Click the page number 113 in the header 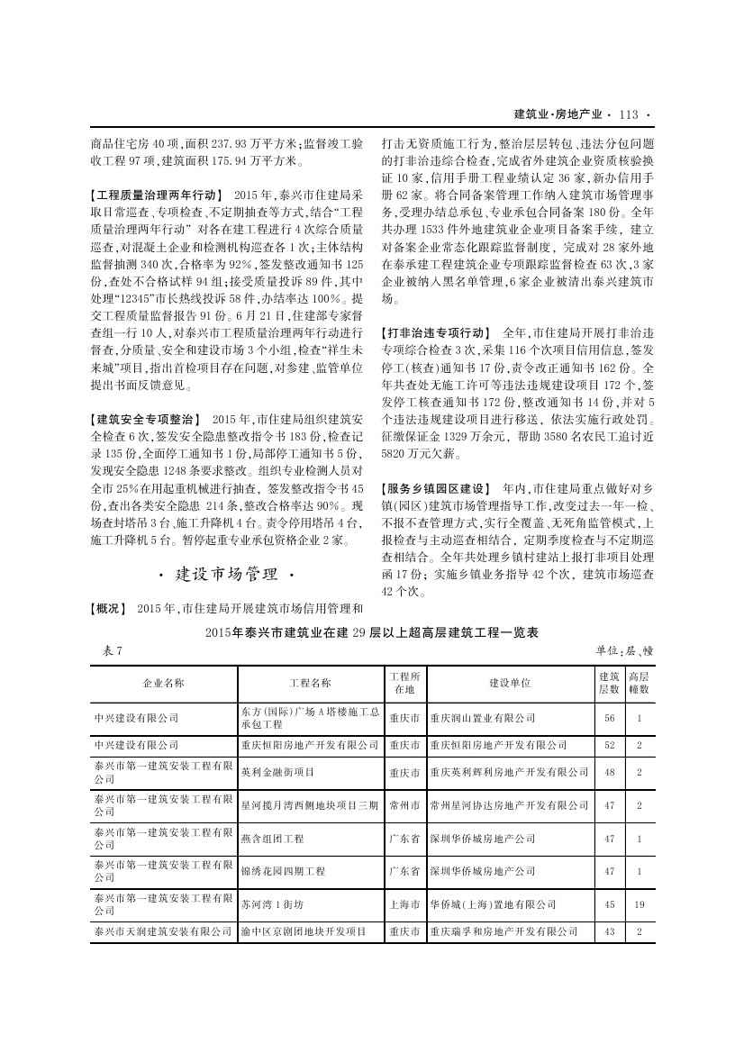(629, 114)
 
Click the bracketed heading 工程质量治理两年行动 (157, 195)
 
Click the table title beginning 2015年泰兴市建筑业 (372, 633)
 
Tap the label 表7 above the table (106, 650)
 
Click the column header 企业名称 (163, 683)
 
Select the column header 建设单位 (510, 683)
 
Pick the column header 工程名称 (311, 683)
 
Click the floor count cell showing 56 (610, 718)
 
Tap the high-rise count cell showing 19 (639, 903)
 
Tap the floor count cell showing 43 (610, 931)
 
